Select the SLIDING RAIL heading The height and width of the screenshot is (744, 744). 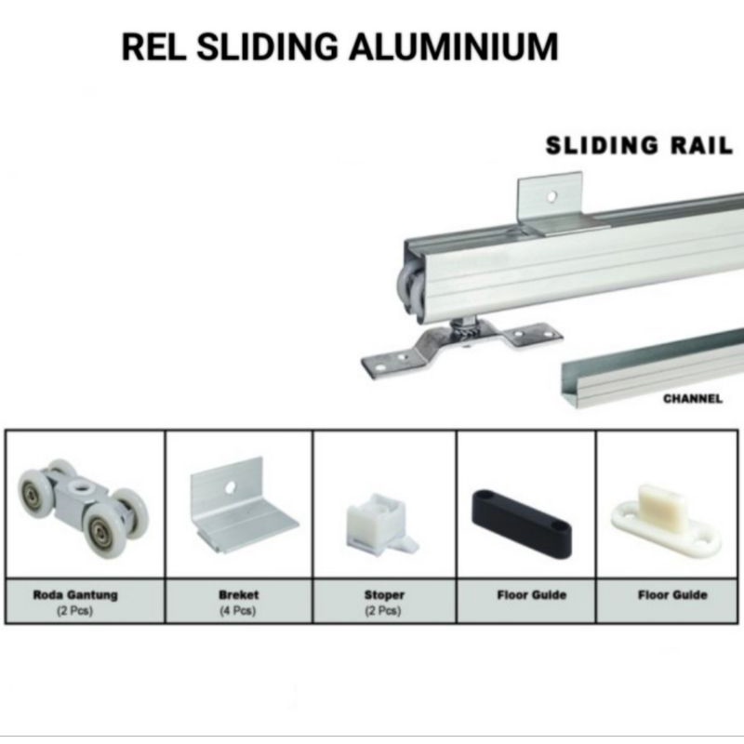click(639, 145)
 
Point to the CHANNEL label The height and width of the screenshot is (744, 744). click(692, 399)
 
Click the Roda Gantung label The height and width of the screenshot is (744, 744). click(75, 595)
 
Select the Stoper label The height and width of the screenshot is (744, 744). click(383, 594)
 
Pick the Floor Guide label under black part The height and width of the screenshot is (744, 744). click(525, 595)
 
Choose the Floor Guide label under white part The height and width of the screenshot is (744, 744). click(671, 595)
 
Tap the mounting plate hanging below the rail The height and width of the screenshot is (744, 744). click(456, 348)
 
